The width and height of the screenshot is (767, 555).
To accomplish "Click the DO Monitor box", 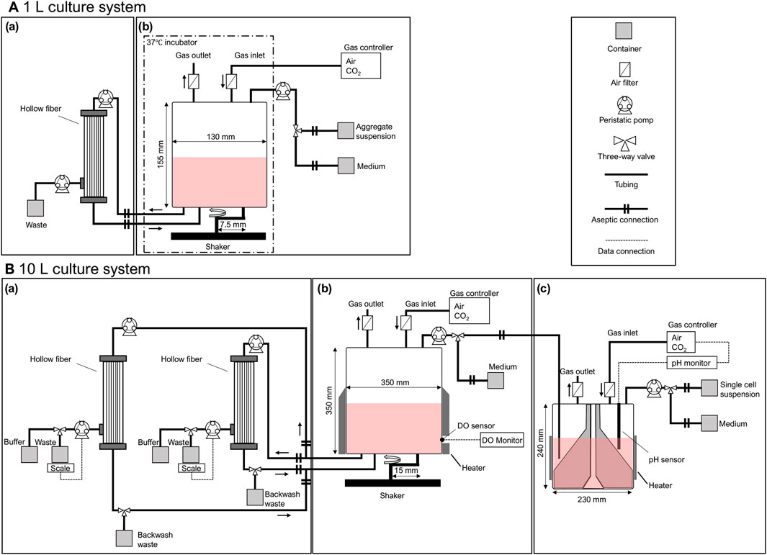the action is pyautogui.click(x=502, y=440).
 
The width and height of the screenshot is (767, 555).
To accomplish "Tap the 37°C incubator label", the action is pyautogui.click(x=171, y=42).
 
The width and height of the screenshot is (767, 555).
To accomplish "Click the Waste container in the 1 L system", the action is pyautogui.click(x=35, y=208).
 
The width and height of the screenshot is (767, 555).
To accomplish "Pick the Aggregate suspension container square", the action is pyautogui.click(x=346, y=130).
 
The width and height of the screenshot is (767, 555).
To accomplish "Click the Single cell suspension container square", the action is pyautogui.click(x=709, y=388).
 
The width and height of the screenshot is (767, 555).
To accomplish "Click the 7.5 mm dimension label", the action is pyautogui.click(x=233, y=225).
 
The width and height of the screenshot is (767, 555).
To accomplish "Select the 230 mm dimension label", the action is pyautogui.click(x=591, y=500).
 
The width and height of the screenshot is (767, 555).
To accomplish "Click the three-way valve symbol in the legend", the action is pyautogui.click(x=624, y=143).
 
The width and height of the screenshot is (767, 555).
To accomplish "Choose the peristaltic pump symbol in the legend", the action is pyautogui.click(x=624, y=105).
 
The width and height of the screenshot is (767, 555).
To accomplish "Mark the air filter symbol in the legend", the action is pyautogui.click(x=624, y=69).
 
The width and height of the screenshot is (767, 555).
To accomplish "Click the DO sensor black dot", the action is pyautogui.click(x=442, y=440).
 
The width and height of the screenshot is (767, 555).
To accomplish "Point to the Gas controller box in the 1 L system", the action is pyautogui.click(x=361, y=66).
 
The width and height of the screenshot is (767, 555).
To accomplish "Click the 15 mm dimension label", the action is pyautogui.click(x=406, y=471).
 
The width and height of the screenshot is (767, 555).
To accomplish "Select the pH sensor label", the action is pyautogui.click(x=666, y=460).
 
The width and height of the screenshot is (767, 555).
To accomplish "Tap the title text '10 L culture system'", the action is pyautogui.click(x=84, y=269).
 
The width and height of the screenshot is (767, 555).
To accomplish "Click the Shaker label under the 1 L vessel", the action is pyautogui.click(x=217, y=246).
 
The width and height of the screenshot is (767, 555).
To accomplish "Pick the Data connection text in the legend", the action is pyautogui.click(x=626, y=251).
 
